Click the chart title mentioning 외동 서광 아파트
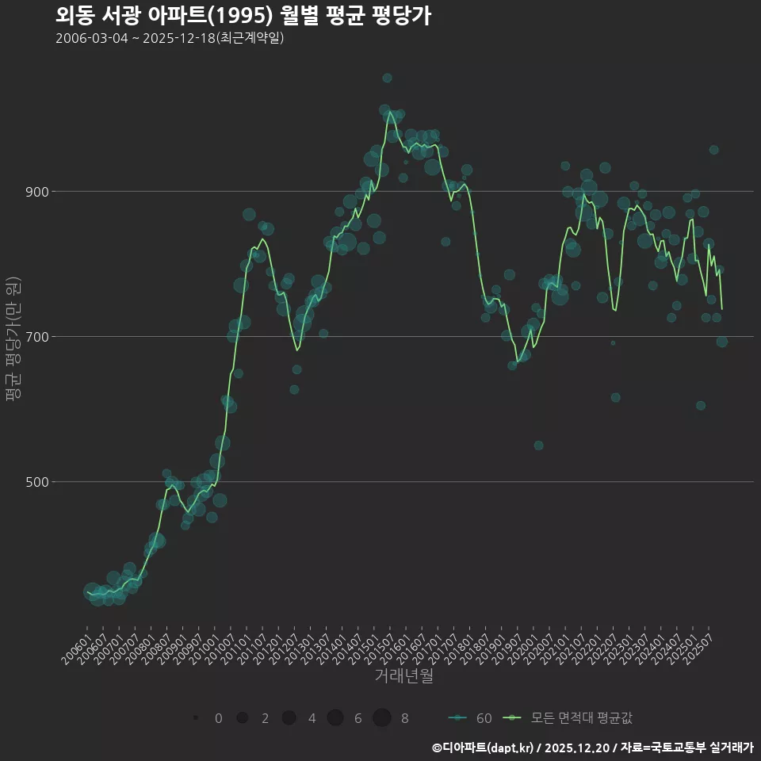coord(243,16)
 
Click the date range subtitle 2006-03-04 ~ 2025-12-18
coord(170,38)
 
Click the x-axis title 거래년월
coord(403,676)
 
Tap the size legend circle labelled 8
coord(382,718)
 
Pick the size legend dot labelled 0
coord(194,718)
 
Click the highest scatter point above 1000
coord(387,78)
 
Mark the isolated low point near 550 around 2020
coord(538,446)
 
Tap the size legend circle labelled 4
coord(289,718)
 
